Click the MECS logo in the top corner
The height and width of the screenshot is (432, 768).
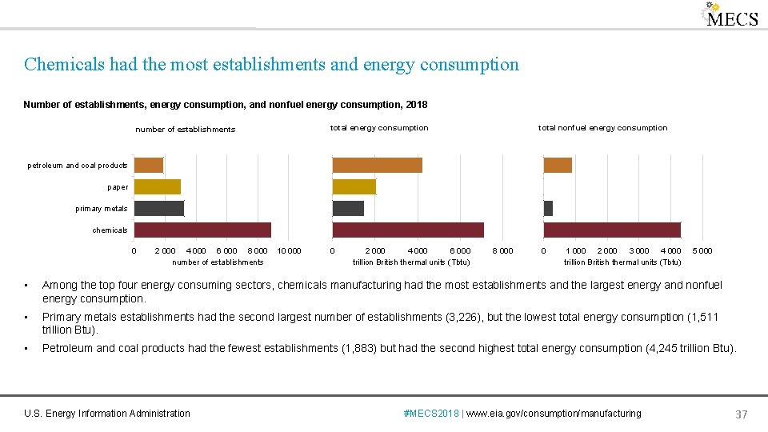pos(730,16)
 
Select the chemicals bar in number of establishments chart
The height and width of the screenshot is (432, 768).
pos(202,230)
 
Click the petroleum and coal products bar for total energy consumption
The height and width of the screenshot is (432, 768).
pos(377,165)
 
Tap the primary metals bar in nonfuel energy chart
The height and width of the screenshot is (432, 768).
pos(548,208)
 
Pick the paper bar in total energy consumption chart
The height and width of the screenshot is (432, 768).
pos(354,186)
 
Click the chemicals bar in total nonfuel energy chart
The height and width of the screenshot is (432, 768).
pos(612,230)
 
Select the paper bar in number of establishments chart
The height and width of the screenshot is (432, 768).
pos(157,186)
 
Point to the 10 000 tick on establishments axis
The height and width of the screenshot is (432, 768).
pos(288,251)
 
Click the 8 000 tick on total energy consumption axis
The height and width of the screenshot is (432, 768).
pos(502,251)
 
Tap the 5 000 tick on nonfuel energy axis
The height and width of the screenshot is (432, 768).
pos(702,251)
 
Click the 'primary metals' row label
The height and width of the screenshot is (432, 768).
pos(102,209)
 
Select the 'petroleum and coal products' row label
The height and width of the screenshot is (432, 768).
pos(78,166)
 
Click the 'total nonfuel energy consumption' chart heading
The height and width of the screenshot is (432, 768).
pos(602,128)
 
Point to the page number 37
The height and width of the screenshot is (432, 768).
pos(741,414)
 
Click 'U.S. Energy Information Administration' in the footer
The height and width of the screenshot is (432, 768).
pos(107,414)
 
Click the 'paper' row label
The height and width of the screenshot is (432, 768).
pos(118,187)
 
